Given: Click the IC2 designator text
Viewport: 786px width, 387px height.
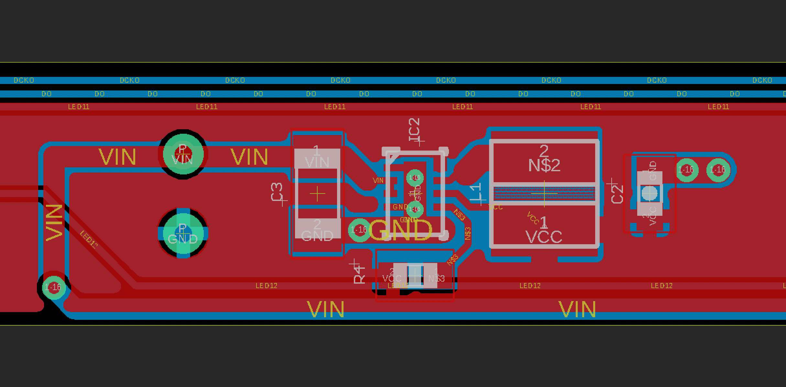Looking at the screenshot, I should pos(414,130).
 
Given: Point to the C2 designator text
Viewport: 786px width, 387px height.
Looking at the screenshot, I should pos(617,193).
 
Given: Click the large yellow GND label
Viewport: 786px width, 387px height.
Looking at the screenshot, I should pos(400,230).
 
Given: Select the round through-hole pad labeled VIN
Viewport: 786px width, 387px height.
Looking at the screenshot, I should pos(183,154).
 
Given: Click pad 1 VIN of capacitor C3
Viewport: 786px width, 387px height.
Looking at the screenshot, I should pos(317,159).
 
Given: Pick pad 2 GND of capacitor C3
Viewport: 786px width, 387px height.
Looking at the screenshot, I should pos(317,229).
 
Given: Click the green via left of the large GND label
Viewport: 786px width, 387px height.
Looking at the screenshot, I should pos(359,230).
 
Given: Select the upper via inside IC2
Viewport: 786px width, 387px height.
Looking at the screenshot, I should pos(415,178).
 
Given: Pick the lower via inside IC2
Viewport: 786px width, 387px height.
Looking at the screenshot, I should pos(415,209).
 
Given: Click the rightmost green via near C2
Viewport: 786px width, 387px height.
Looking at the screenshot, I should pos(718,170).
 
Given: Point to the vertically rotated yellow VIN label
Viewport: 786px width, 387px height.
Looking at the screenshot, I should pos(54,223).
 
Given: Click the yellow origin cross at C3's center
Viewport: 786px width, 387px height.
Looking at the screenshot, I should pos(317,194).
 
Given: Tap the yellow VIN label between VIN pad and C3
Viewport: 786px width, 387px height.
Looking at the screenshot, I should pos(249,157).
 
